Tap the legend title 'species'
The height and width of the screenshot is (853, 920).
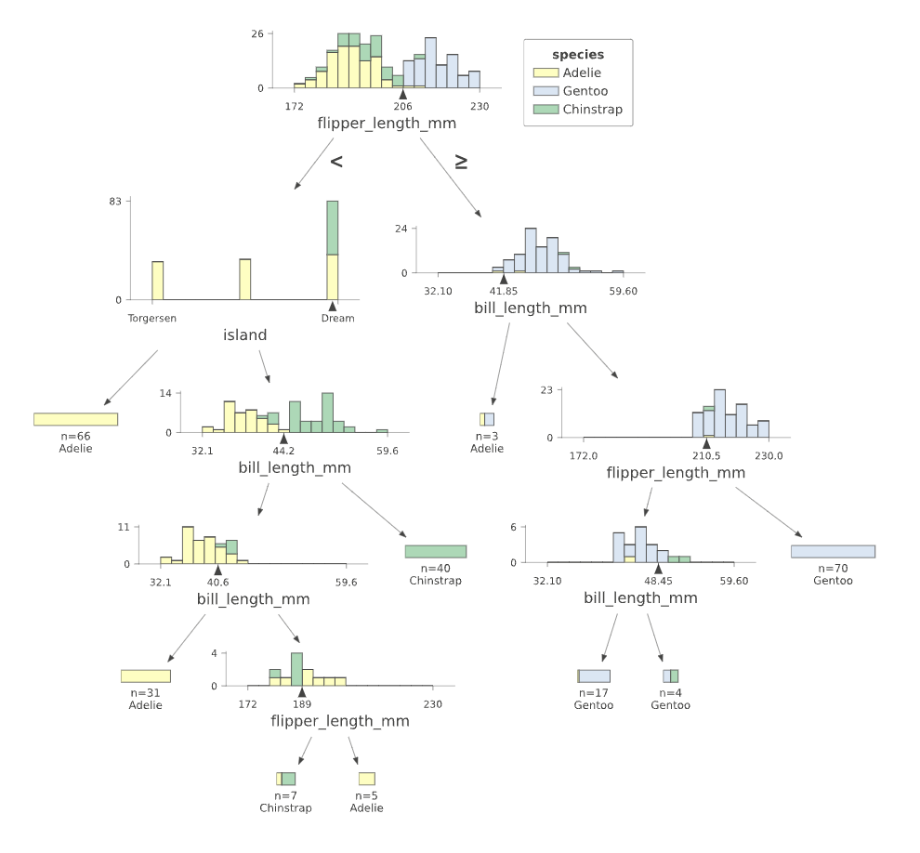pyautogui.click(x=578, y=55)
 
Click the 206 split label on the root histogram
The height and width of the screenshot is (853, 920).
pyautogui.click(x=402, y=106)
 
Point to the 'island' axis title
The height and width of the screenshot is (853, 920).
pyautogui.click(x=245, y=335)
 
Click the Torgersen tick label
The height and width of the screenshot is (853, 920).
pyautogui.click(x=151, y=318)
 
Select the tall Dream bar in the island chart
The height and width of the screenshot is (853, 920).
pyautogui.click(x=332, y=250)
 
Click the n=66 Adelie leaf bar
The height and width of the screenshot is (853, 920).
pyautogui.click(x=76, y=419)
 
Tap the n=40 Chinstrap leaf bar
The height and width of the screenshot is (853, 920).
pyautogui.click(x=436, y=551)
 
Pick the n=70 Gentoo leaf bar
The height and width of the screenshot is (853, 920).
pyautogui.click(x=834, y=551)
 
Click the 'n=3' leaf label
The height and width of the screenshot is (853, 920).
pyautogui.click(x=487, y=436)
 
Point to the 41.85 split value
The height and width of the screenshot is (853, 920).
pyautogui.click(x=503, y=291)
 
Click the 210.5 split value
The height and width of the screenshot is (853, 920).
pyautogui.click(x=706, y=455)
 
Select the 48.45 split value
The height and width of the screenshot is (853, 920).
pyautogui.click(x=658, y=581)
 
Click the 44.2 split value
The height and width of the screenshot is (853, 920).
pyautogui.click(x=283, y=451)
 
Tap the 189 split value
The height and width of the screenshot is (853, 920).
pyautogui.click(x=301, y=704)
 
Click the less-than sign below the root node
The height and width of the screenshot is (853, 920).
pyautogui.click(x=336, y=162)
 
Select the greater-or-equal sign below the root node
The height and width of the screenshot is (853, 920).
pyautogui.click(x=461, y=162)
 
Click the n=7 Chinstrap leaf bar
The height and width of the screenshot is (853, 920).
pyautogui.click(x=285, y=779)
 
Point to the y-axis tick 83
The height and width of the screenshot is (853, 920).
pyautogui.click(x=115, y=202)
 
